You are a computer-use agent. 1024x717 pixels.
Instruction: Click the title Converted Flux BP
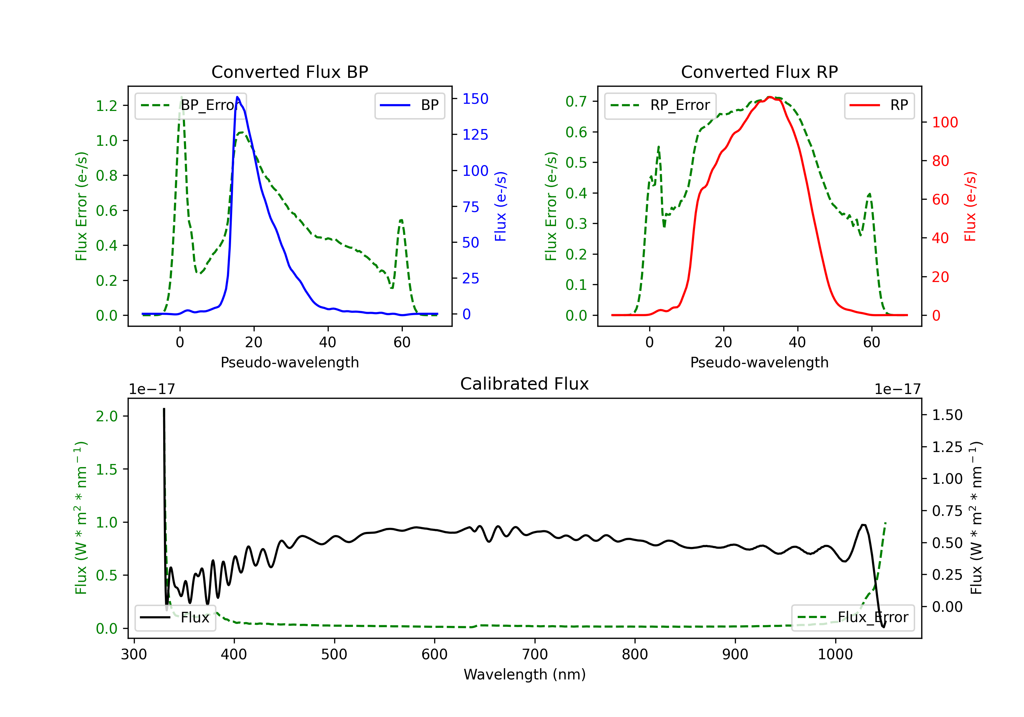(x=289, y=72)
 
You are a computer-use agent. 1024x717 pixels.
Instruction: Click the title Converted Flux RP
(x=759, y=72)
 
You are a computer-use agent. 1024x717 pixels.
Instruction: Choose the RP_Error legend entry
(x=660, y=105)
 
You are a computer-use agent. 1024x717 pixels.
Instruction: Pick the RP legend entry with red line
(x=879, y=105)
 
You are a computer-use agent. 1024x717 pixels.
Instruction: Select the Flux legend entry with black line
(x=175, y=618)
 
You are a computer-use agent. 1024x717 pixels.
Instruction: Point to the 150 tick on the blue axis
(x=475, y=99)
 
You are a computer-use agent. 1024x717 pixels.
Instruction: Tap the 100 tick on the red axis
(x=944, y=122)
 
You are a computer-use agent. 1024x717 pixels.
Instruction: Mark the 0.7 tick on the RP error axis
(x=576, y=101)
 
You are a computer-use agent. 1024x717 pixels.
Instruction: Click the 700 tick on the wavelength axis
(x=535, y=654)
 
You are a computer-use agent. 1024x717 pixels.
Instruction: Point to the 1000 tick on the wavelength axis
(x=835, y=654)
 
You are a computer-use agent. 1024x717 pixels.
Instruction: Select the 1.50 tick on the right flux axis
(x=947, y=415)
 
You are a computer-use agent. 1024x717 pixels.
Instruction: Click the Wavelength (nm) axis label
(x=525, y=674)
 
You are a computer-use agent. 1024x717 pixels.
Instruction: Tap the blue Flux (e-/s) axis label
(x=500, y=206)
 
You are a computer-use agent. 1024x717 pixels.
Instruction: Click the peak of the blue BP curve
(x=237, y=97)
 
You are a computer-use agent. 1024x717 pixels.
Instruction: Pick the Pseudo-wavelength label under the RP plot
(x=759, y=362)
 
